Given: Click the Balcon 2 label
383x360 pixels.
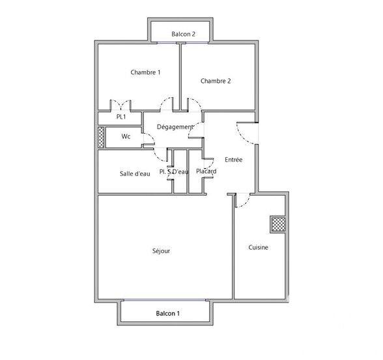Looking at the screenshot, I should coord(183,34).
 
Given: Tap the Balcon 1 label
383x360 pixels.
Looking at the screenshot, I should coord(167,314).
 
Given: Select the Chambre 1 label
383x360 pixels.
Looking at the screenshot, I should coord(145,72).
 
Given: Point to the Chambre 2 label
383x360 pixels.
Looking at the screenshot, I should coord(216,81).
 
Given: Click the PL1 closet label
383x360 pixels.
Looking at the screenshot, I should coord(121,117).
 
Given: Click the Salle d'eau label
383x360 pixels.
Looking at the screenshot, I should coord(135,173).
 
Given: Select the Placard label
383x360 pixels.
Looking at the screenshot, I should coord(206,171).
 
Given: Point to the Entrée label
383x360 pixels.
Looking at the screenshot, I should coord(233,159).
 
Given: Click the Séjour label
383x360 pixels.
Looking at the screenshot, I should coord(161,250).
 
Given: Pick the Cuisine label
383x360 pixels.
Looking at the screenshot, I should coord(259,247).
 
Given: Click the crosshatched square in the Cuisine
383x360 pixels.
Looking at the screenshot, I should coord(277,224).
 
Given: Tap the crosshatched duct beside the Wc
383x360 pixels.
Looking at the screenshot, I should coord(101,136).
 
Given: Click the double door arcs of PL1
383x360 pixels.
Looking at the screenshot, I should coord(121,104).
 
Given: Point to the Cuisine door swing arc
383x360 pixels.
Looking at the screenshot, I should coord(242,200).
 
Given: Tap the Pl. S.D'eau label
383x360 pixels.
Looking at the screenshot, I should coord(174,172).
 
